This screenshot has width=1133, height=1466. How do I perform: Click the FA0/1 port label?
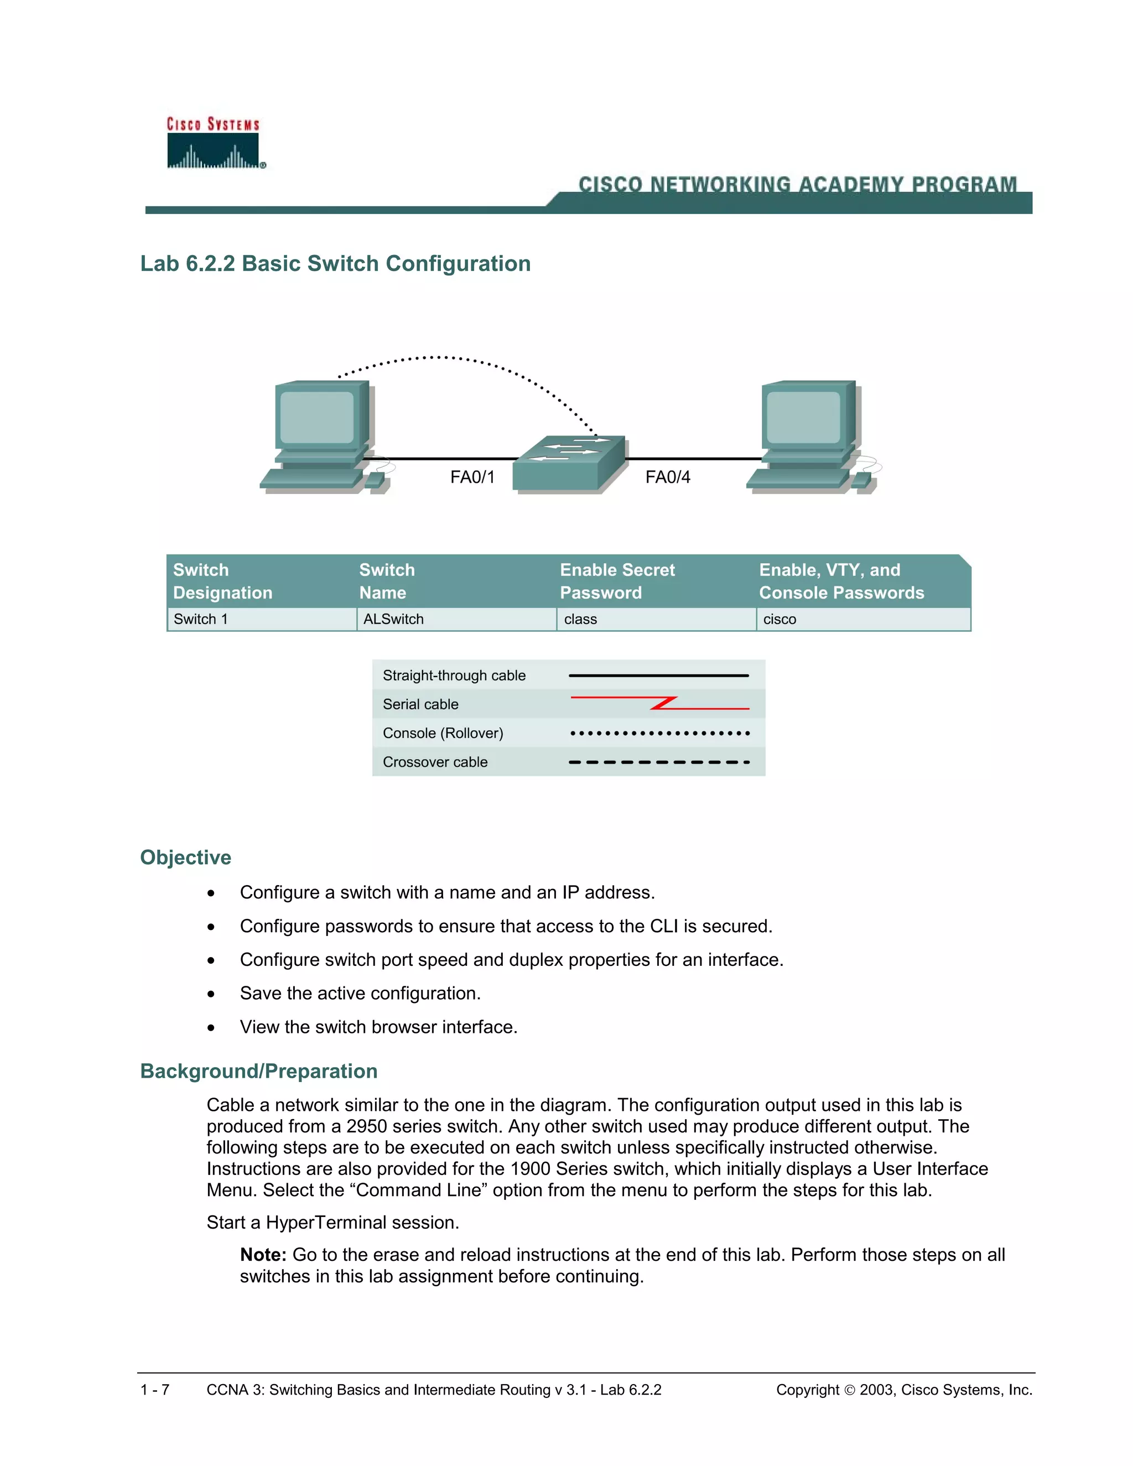(x=472, y=477)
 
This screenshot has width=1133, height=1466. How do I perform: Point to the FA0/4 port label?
(x=667, y=477)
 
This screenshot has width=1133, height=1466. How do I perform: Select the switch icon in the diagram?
(x=569, y=465)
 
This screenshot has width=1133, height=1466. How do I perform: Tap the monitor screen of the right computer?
(x=803, y=418)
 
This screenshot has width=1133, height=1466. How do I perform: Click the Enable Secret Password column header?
(x=617, y=581)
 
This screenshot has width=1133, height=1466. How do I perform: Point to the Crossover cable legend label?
(x=435, y=762)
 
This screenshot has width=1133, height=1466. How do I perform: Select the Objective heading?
(x=185, y=857)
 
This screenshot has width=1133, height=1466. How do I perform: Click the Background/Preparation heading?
(x=258, y=1070)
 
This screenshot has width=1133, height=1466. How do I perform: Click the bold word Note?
(x=263, y=1255)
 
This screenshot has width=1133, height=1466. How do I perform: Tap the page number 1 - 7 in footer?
(x=154, y=1390)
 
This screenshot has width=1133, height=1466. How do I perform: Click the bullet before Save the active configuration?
(x=211, y=994)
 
